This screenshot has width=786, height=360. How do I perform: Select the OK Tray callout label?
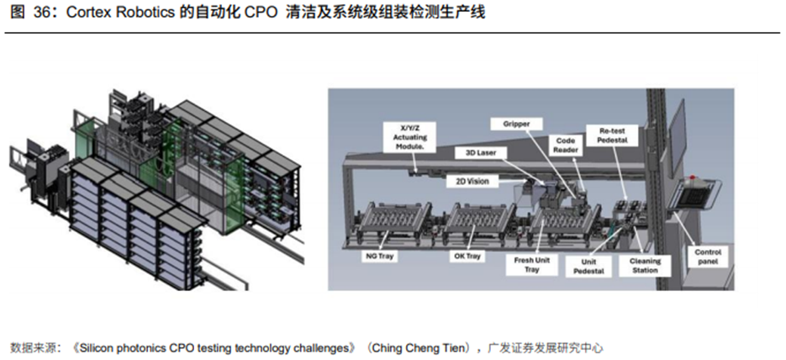pos(467,257)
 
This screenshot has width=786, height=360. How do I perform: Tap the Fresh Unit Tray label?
pos(532,265)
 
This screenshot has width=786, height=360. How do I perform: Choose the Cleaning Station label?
pos(645,266)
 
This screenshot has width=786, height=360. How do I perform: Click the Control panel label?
pos(709,257)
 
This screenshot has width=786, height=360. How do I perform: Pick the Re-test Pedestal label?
pos(613,135)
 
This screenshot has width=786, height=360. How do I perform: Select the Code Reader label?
pos(566,145)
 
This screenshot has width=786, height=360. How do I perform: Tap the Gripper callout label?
pos(516,124)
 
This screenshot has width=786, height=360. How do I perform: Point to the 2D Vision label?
pos(472,181)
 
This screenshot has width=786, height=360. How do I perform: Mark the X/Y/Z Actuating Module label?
pos(409,137)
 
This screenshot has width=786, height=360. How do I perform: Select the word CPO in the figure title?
pos(261,13)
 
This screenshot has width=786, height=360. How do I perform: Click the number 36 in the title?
pos(42,13)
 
